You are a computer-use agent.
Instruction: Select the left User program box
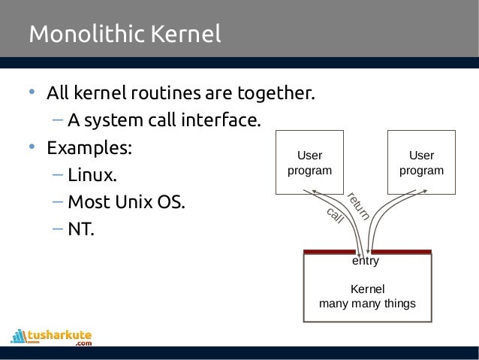(310, 163)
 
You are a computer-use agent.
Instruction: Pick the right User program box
(421, 163)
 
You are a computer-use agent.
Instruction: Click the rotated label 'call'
(335, 215)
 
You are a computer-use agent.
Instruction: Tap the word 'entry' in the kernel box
(366, 262)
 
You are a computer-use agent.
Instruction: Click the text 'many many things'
(367, 304)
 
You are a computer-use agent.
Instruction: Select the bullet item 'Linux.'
(92, 176)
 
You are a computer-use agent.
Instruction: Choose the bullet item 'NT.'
(81, 228)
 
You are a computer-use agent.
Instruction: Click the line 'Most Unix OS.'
(125, 202)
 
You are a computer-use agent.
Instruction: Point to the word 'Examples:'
(89, 148)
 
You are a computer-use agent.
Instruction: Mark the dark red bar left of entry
(329, 252)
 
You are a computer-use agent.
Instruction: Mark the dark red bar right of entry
(402, 252)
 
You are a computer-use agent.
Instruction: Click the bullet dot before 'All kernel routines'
(32, 94)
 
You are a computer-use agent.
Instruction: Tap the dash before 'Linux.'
(58, 176)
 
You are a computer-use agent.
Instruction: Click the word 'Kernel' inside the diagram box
(367, 289)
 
